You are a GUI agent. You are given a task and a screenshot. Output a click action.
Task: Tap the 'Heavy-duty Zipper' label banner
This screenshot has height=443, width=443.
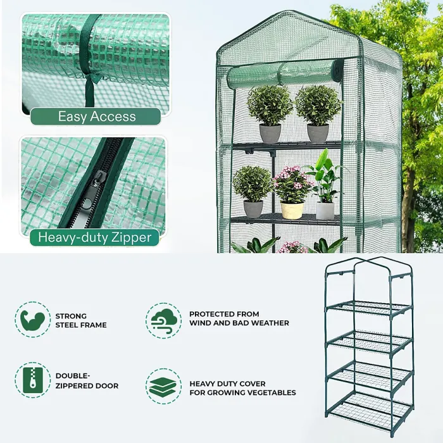[95, 237]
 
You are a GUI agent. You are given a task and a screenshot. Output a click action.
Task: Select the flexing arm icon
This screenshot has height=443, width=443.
[32, 320]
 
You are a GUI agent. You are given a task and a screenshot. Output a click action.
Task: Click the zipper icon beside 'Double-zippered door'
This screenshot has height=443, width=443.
[32, 380]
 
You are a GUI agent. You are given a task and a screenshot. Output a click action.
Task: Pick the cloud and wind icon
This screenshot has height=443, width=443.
[164, 320]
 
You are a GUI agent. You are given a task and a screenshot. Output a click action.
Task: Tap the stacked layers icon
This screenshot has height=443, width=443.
[164, 387]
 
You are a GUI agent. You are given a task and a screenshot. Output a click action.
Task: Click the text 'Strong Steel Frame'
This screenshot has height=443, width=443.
[81, 320]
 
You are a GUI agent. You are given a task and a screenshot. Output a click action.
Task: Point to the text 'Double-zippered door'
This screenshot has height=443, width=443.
[87, 380]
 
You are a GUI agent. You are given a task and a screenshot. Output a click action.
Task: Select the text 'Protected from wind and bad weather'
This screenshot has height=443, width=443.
[239, 318]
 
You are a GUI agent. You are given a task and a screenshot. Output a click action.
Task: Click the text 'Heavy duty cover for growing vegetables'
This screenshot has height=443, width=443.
[242, 388]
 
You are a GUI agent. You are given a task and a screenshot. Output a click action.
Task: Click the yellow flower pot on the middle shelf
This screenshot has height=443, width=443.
[292, 210]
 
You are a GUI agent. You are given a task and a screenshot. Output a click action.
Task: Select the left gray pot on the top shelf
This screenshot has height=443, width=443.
[270, 133]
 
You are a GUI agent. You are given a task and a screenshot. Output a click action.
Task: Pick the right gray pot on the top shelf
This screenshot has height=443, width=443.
[318, 133]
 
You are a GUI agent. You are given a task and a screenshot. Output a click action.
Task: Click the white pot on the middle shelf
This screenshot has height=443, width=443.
[325, 211]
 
